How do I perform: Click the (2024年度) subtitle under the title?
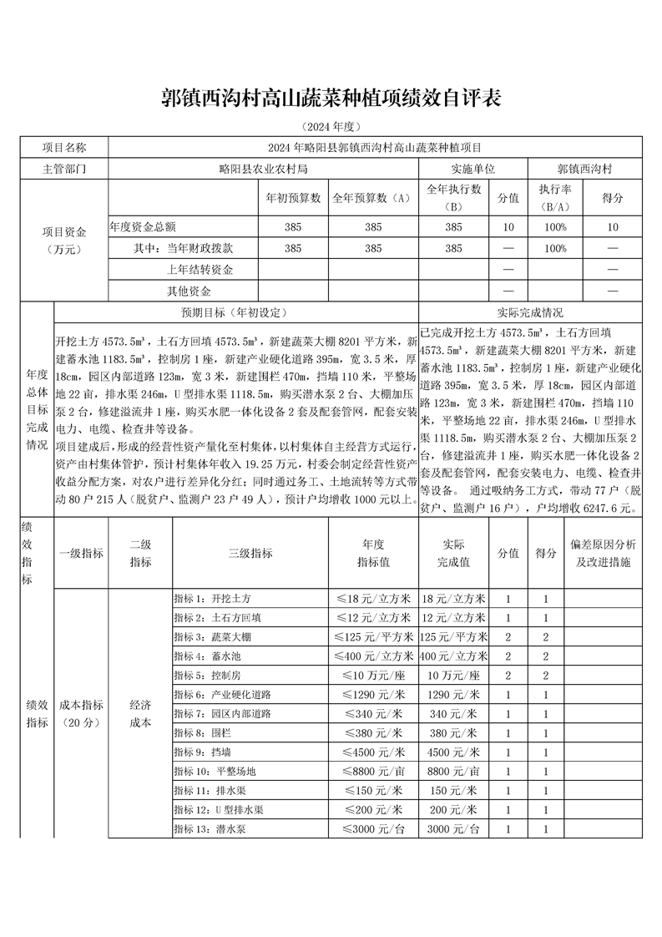[x=331, y=127]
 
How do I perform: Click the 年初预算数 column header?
[x=293, y=199]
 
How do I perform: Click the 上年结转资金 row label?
[x=200, y=270]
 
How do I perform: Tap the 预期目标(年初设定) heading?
[x=235, y=312]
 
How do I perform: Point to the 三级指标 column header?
[x=250, y=553]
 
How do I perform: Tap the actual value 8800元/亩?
[x=452, y=771]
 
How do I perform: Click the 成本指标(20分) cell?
[x=81, y=714]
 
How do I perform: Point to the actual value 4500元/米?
[x=452, y=752]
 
